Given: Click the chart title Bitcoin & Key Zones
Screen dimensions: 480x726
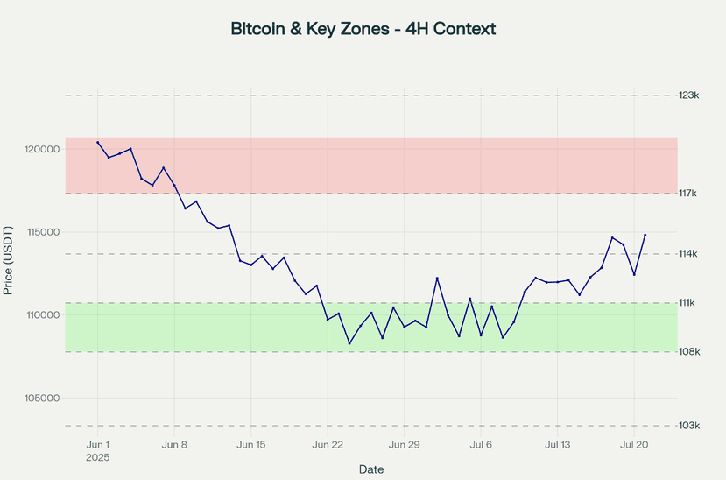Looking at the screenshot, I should [363, 29].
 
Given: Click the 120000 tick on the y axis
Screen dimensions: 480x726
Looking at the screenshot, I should [41, 150].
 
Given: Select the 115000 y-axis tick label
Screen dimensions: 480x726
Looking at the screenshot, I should [41, 232].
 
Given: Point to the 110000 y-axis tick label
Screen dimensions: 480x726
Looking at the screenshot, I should [41, 315].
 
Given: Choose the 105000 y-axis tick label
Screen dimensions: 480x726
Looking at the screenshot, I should [41, 398].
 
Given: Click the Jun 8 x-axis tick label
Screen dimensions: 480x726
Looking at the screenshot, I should [174, 445].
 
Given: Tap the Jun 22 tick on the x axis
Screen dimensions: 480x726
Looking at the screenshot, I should [328, 445].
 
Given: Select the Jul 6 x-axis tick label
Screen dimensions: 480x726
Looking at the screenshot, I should [481, 445].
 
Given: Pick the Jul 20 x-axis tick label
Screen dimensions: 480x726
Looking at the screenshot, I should [634, 445].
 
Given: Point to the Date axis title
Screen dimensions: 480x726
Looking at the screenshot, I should [371, 469].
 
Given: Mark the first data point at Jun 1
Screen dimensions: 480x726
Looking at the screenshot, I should [98, 142].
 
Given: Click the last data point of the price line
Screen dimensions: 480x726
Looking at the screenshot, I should [645, 235].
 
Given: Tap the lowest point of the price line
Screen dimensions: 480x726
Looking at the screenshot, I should [349, 343].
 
